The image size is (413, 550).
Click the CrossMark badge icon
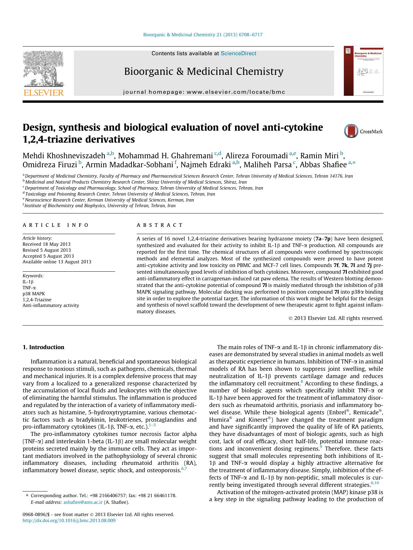(351, 131)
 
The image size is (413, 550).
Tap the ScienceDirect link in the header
(238, 53)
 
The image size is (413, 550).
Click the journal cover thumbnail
(363, 71)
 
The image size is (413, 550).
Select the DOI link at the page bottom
(69, 520)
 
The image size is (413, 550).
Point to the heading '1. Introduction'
(43, 347)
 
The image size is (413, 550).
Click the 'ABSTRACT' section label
(160, 225)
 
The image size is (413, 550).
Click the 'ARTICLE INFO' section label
(56, 225)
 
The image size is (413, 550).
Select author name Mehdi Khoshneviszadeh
(64, 156)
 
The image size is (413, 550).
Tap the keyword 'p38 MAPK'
(34, 294)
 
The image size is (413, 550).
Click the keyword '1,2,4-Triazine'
(37, 299)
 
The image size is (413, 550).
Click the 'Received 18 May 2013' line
(46, 244)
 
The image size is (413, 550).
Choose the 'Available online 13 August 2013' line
(57, 262)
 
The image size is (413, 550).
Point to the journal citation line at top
(202, 35)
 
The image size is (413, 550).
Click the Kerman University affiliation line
(109, 200)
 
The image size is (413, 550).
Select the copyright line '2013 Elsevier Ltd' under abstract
(336, 318)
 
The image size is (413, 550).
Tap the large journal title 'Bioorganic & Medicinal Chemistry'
(204, 71)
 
